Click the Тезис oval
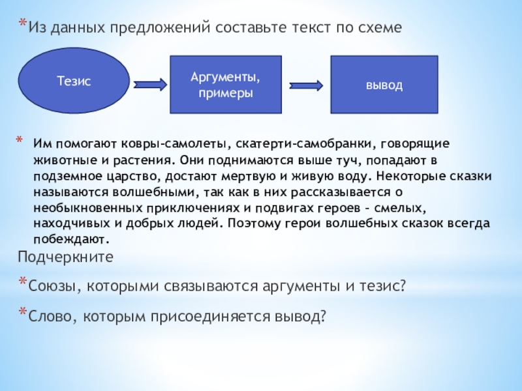(x=74, y=81)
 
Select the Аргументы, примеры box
(x=225, y=85)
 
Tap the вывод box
(x=383, y=85)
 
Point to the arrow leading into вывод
(x=307, y=84)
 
